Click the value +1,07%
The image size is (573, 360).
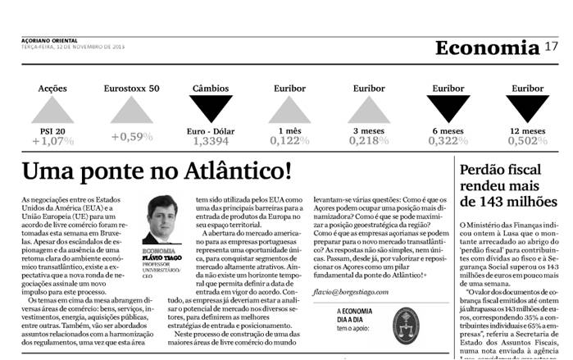click(52, 142)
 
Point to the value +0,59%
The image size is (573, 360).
click(131, 136)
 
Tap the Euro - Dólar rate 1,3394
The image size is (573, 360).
click(211, 142)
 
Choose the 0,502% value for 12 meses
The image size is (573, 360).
click(527, 142)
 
